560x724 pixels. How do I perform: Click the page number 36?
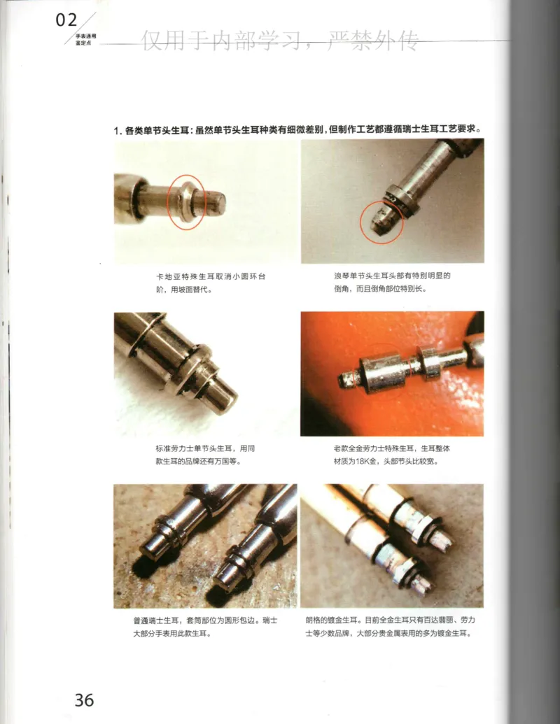tap(84, 699)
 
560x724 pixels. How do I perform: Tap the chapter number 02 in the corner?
tap(66, 21)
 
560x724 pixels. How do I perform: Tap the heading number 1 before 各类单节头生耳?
tap(116, 131)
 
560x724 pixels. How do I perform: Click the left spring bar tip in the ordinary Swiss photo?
tap(151, 548)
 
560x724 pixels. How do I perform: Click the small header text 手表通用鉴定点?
tap(87, 38)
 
